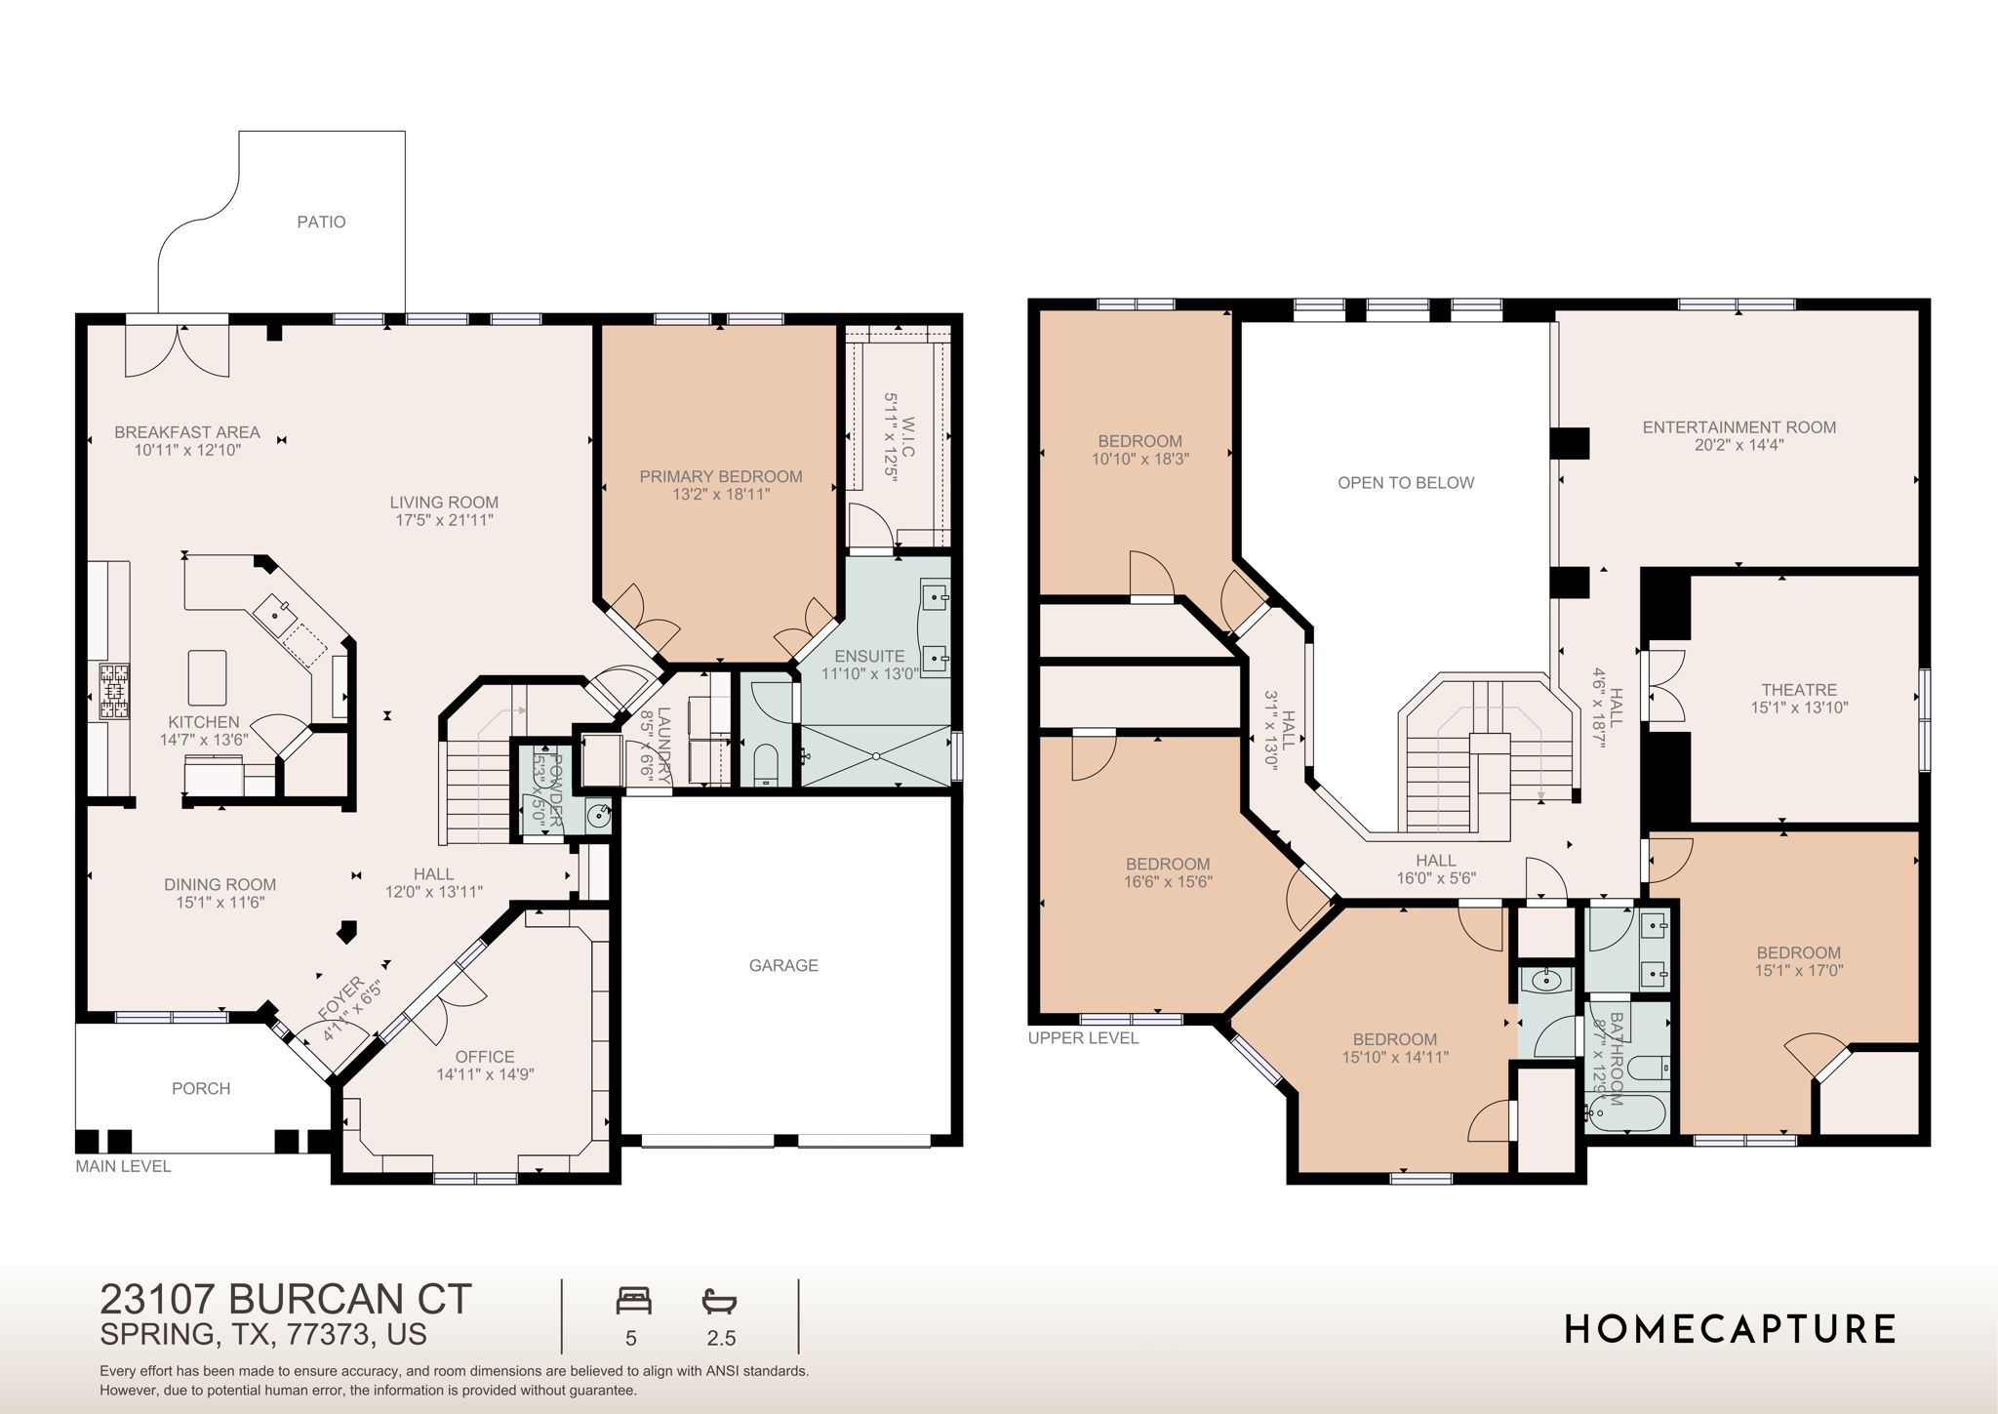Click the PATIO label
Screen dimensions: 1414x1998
(321, 222)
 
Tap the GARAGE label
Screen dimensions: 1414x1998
(783, 965)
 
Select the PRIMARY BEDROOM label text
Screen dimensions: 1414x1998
(721, 476)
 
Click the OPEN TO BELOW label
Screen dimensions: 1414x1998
(1406, 483)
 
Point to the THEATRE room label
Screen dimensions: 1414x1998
(1799, 690)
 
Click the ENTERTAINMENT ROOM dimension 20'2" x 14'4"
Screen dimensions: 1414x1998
(1738, 445)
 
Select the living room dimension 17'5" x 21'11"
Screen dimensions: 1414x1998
(444, 520)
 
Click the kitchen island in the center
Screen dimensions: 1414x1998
(207, 677)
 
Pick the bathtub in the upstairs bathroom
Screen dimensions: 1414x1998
(1626, 1114)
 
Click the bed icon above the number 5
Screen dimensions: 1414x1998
(633, 1301)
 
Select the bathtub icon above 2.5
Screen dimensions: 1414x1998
(719, 1301)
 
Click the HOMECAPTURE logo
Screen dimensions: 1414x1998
(1730, 1329)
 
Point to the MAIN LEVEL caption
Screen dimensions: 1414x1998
(123, 1166)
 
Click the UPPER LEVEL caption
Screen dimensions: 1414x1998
(1083, 1038)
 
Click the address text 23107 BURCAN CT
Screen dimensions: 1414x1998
(286, 1300)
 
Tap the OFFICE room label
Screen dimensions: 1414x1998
(485, 1057)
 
